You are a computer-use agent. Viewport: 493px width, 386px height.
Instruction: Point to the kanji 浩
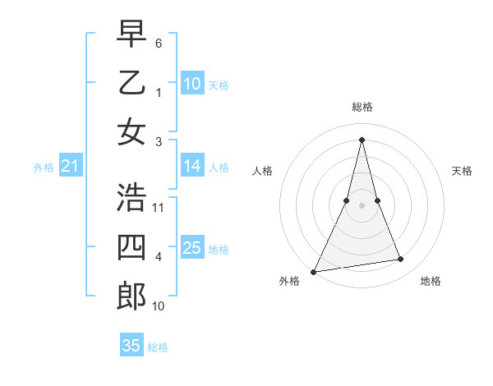pos(132,196)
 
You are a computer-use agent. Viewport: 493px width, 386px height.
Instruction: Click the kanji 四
pos(132,246)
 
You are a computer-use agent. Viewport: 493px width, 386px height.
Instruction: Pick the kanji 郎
pos(132,295)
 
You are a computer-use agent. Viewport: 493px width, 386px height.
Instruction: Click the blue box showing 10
pos(192,83)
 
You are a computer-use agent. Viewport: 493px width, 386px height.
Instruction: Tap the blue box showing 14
pos(192,166)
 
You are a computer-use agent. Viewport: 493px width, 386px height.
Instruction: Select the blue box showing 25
pos(192,248)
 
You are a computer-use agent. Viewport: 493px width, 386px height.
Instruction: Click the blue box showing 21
pos(70,167)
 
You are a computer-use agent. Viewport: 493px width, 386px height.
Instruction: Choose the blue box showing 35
pos(131,346)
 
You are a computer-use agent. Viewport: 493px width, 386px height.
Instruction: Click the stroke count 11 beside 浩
pos(159,207)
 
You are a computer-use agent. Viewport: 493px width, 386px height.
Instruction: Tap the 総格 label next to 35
pos(158,347)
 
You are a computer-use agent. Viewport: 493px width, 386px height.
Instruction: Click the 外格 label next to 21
pos(43,168)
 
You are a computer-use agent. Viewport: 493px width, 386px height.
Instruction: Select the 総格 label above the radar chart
pos(362,107)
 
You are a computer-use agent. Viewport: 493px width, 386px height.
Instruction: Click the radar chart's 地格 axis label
pos(431,281)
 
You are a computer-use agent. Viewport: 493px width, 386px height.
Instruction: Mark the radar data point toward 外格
pos(314,271)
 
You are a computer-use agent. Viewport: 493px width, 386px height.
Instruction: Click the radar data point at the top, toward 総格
pos(362,139)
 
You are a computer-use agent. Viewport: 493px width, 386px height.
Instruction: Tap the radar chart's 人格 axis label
pos(262,171)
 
